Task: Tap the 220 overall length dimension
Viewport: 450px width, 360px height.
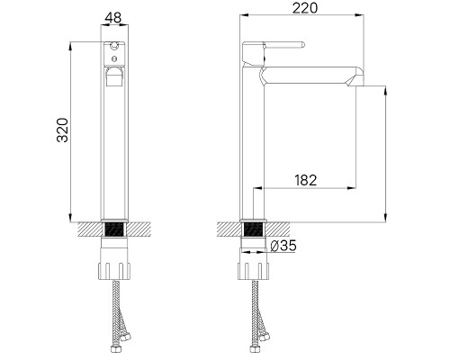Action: pyautogui.click(x=301, y=10)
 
